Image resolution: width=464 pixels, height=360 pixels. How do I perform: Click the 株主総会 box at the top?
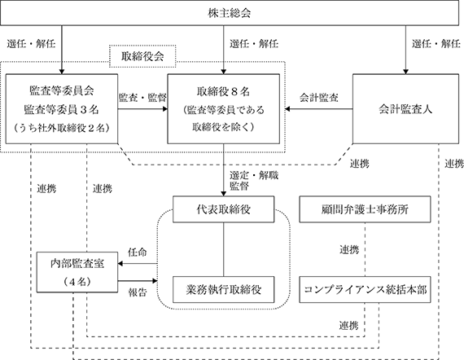click(x=230, y=13)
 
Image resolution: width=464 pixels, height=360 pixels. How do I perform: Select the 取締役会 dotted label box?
click(x=142, y=56)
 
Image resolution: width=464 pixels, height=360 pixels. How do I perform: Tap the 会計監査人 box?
click(x=405, y=109)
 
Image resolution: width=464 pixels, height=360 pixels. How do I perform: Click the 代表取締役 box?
click(x=223, y=209)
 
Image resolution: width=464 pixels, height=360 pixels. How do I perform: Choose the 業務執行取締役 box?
click(x=223, y=289)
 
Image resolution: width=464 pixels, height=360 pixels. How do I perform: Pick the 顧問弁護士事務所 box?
click(x=365, y=209)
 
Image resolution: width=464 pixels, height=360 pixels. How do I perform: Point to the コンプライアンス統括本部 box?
click(x=365, y=289)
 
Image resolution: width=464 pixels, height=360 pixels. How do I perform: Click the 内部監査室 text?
click(x=77, y=263)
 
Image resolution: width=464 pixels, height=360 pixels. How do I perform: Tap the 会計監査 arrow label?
click(x=319, y=98)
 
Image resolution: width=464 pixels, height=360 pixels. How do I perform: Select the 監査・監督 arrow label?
click(x=142, y=98)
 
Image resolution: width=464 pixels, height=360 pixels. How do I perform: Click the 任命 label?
click(x=137, y=252)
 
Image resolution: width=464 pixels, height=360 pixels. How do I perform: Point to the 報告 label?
click(x=138, y=292)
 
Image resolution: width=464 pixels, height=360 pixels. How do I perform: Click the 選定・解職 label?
click(x=254, y=175)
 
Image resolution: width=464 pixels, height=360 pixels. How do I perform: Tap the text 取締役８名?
click(x=223, y=91)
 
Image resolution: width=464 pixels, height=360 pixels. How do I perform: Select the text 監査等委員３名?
click(x=62, y=109)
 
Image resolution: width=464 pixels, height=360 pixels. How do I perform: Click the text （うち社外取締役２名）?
click(x=62, y=128)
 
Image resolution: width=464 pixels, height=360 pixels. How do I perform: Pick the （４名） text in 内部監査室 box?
click(x=77, y=282)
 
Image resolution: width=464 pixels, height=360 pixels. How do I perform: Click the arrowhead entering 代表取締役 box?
click(x=223, y=194)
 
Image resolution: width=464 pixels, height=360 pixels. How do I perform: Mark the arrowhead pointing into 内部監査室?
click(x=120, y=263)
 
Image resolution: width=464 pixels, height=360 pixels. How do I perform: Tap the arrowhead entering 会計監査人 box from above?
click(x=405, y=72)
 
